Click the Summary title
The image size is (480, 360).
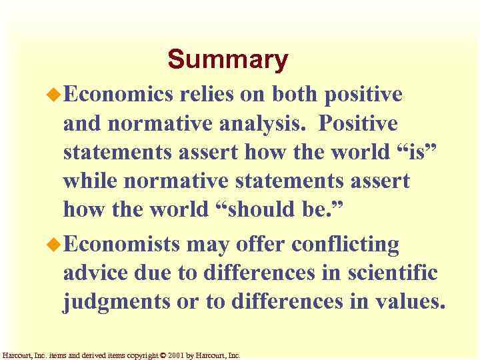227,59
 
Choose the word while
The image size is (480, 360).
89,181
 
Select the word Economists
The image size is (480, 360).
122,245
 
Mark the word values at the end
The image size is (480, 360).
405,303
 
